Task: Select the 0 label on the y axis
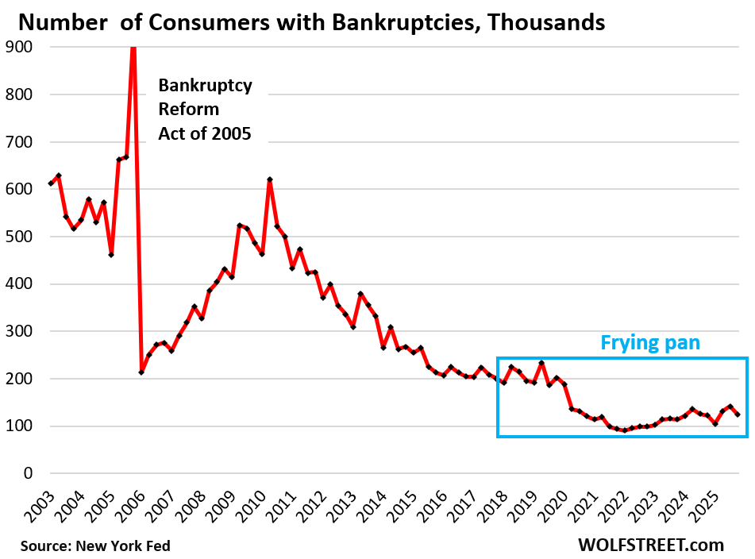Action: (28, 473)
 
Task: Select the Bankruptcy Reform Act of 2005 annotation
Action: (205, 109)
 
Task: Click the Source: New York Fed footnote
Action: (95, 546)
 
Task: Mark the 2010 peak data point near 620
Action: (270, 180)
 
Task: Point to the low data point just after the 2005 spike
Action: (141, 372)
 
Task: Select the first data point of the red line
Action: (51, 183)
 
